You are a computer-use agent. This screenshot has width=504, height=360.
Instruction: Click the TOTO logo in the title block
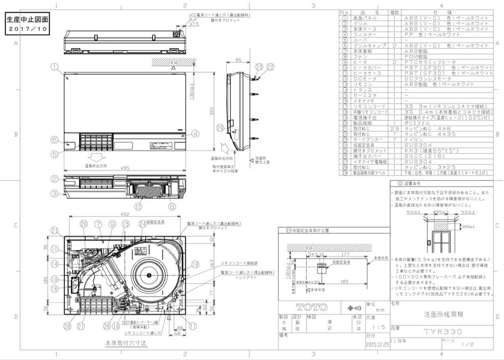311,307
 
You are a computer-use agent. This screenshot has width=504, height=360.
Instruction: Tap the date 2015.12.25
377,346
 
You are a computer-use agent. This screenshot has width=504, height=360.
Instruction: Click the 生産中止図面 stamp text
27,20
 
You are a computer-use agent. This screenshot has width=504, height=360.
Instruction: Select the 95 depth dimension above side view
238,60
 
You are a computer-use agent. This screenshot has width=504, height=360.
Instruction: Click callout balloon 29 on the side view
220,128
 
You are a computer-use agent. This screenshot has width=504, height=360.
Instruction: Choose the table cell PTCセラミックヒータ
427,62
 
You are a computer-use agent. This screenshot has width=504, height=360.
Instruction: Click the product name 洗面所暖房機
440,315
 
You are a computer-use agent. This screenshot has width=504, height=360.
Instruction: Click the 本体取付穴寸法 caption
126,343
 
